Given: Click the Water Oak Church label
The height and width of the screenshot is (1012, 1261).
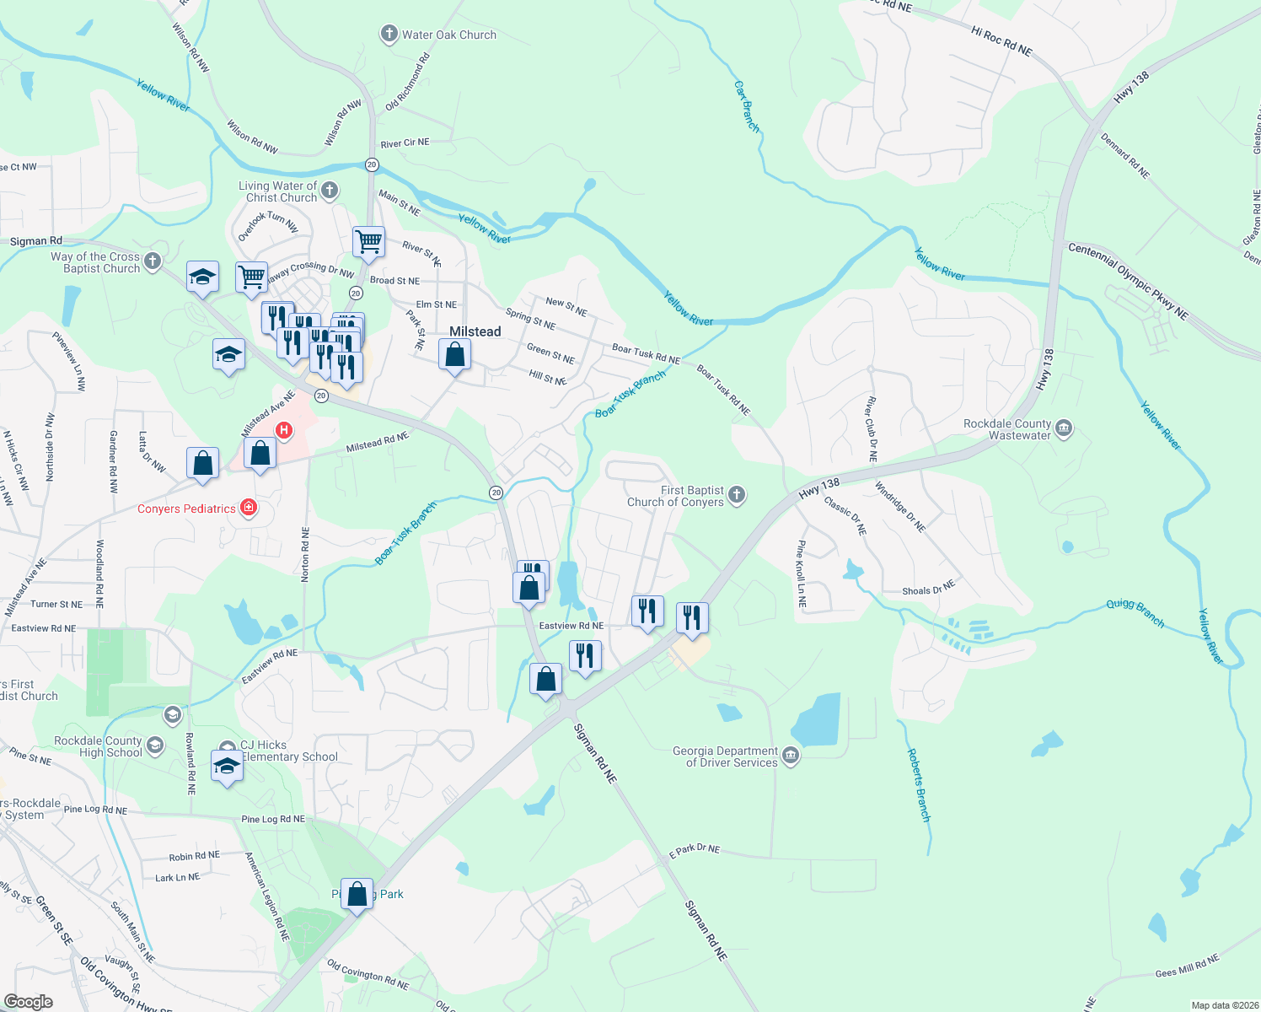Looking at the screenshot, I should pos(448,35).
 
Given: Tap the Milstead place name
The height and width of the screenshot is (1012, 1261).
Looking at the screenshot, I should pos(475,331).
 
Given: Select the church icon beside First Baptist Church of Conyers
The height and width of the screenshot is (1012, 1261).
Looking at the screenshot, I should pos(737,495).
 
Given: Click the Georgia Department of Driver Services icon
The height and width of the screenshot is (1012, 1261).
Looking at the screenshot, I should pos(791,756).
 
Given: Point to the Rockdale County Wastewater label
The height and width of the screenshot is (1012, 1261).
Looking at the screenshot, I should pos(1007,429).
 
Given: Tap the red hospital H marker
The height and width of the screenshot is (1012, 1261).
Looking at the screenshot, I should pos(284,430).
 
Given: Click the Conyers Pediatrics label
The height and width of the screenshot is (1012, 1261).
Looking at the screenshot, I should pos(186,509).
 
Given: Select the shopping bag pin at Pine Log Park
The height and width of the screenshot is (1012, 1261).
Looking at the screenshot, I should pos(357,893).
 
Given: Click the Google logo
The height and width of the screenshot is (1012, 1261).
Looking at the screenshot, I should pos(29,1002).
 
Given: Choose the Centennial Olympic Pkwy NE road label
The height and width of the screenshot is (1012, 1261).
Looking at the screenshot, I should pos(1128,281).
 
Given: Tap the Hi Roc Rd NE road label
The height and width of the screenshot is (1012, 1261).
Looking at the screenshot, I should pos(1001,40).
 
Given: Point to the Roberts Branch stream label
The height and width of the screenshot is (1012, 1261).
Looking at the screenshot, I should pos(918,784).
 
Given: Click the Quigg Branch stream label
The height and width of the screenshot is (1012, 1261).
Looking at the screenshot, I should pos(1135,613).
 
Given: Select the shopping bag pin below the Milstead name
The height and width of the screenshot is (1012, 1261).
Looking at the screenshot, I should pos(454,354).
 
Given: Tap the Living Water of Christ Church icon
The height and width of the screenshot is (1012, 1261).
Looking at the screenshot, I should pos(330,191).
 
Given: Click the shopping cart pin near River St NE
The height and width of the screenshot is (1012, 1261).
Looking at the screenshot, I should pos(369,241).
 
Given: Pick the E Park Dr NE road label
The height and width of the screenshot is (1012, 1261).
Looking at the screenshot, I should pos(694,851).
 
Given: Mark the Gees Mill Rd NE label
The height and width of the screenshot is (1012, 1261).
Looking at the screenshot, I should pos(1187,966).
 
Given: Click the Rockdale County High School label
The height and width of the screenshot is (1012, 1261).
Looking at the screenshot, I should pos(99,746).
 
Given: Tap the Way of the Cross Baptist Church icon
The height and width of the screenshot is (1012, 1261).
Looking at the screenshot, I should pos(153,261).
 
